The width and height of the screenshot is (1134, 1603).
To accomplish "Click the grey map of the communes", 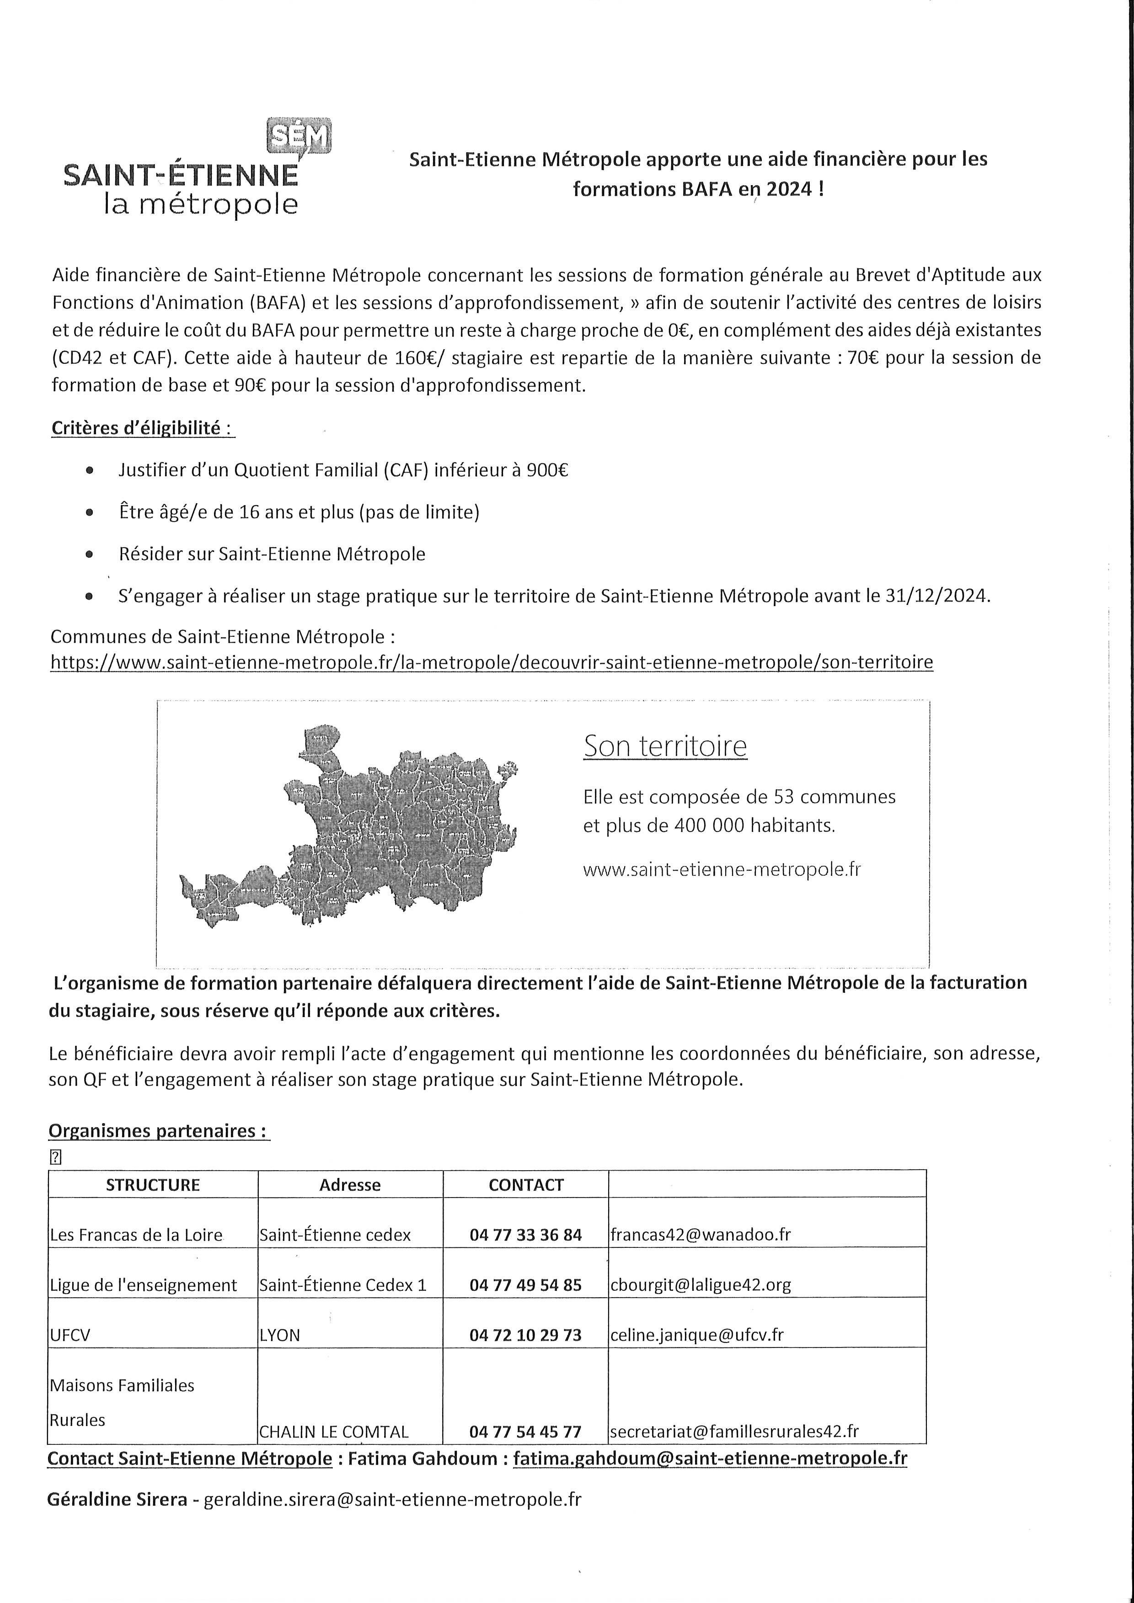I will pos(349,831).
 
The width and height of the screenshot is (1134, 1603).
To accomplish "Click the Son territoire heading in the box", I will pos(665,746).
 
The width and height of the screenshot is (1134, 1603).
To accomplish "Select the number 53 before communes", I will pos(776,797).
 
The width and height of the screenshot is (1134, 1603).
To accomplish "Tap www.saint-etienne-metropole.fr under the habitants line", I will pos(721,869).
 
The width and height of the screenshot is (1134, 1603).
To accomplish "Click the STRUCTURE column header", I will pos(153,1185).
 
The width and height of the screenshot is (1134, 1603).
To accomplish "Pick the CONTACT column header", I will pos(526,1185).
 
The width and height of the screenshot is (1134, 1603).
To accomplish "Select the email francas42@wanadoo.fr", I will pos(701,1235).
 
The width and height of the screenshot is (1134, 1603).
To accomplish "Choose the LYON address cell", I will pos(279,1335).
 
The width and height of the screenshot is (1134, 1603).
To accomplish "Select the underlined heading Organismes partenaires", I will pos(159,1131).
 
